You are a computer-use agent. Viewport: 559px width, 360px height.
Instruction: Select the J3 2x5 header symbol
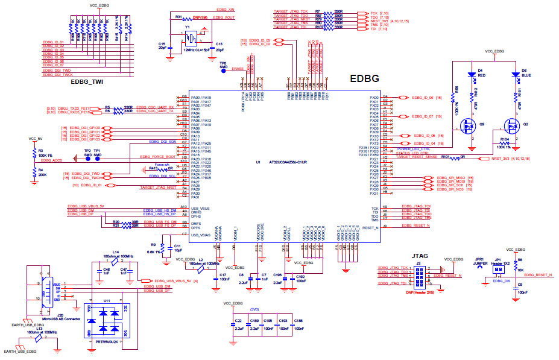[x=417, y=275]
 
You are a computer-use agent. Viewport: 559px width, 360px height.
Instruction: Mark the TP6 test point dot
[x=223, y=70]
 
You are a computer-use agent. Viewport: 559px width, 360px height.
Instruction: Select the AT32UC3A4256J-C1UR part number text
[x=288, y=163]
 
